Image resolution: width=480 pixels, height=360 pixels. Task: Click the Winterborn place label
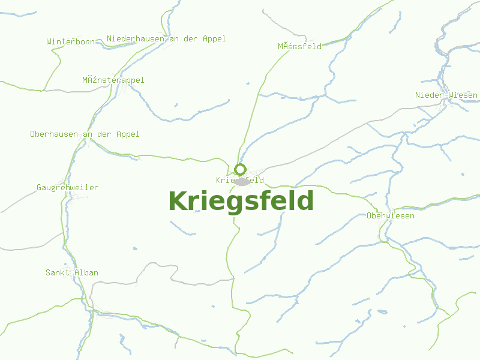(x=70, y=41)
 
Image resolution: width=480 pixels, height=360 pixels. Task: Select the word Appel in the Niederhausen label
(x=214, y=38)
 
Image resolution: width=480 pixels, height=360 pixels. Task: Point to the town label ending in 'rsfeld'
(x=299, y=46)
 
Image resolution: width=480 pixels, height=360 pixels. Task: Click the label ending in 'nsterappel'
(x=113, y=80)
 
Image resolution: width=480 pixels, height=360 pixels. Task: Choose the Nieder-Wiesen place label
(x=446, y=95)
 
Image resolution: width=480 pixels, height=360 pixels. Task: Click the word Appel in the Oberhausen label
(x=127, y=134)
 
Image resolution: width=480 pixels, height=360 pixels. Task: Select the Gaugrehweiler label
(x=67, y=187)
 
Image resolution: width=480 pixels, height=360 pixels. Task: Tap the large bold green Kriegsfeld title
(x=241, y=201)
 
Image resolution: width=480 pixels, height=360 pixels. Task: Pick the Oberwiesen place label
(x=390, y=215)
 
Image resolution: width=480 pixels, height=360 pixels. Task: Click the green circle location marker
(x=241, y=169)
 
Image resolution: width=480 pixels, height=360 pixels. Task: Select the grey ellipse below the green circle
(x=242, y=181)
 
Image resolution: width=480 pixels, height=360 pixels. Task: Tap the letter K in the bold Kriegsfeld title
(x=177, y=201)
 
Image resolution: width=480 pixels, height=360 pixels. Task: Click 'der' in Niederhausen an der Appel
(x=191, y=38)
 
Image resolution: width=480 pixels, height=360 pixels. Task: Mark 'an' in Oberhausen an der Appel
(x=87, y=134)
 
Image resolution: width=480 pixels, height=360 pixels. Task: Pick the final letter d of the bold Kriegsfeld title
(x=305, y=201)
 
